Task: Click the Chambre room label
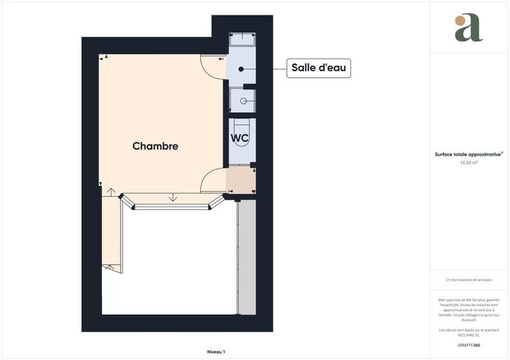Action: (x=155, y=146)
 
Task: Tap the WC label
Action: (x=240, y=138)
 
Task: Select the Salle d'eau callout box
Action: (x=319, y=68)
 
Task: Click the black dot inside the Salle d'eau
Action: (x=242, y=68)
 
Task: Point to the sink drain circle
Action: (x=243, y=101)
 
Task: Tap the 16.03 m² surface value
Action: (x=469, y=162)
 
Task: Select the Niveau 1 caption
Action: (x=216, y=351)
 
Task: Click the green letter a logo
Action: (x=471, y=29)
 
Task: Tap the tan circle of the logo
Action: (x=460, y=20)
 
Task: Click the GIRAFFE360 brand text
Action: (x=469, y=345)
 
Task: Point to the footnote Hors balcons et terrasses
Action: (x=469, y=280)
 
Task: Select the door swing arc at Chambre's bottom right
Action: (x=212, y=181)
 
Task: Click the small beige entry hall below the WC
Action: (x=241, y=180)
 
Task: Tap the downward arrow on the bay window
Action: (x=173, y=198)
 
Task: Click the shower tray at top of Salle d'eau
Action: (x=242, y=40)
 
